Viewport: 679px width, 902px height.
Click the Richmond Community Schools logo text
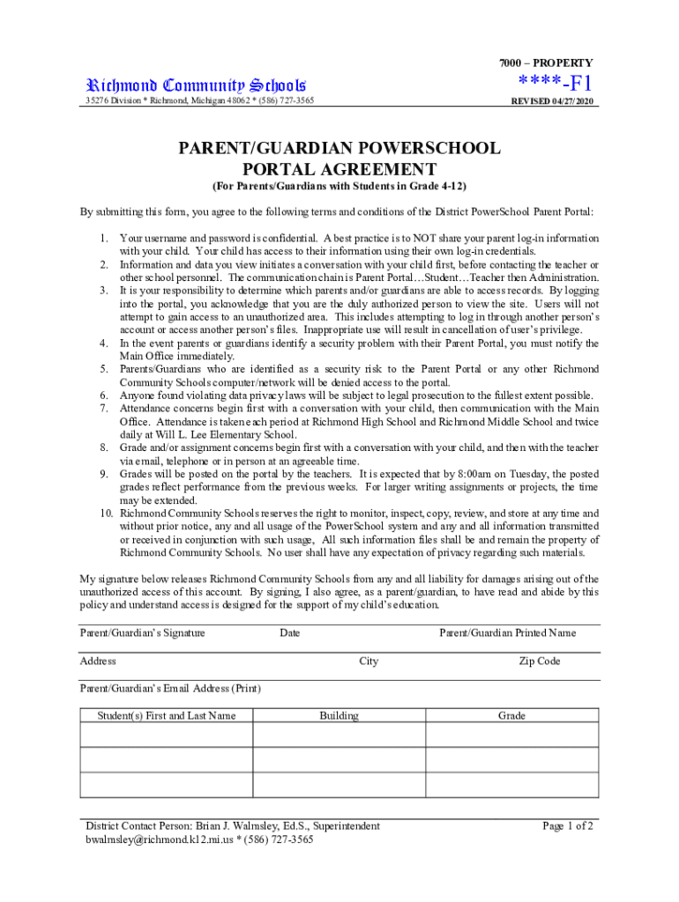(x=195, y=85)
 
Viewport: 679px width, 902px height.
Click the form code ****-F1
(x=555, y=84)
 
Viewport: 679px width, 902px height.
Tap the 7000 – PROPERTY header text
(x=546, y=63)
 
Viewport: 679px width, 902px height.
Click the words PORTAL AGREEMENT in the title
(x=339, y=169)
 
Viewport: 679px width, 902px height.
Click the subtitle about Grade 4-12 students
(x=339, y=188)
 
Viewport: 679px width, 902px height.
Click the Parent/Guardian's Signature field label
(x=142, y=633)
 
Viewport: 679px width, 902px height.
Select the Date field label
(x=289, y=633)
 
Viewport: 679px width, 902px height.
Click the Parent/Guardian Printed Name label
(x=507, y=633)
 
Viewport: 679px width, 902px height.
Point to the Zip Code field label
(x=539, y=662)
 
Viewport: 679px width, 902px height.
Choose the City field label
(x=369, y=662)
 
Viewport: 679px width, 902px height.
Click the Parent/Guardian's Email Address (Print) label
(x=169, y=688)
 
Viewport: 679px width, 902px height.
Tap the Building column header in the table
(x=339, y=716)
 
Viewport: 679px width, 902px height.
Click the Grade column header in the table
(x=511, y=716)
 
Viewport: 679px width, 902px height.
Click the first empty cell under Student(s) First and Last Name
(x=167, y=735)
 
